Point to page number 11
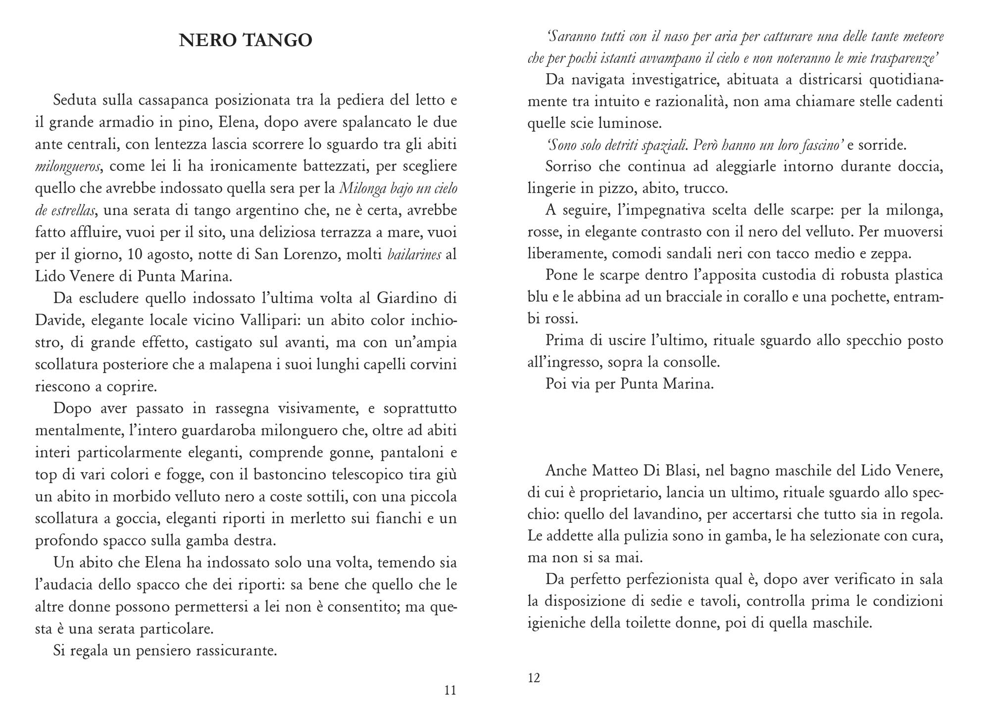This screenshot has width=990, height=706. point(450,690)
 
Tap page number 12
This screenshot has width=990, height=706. point(534,678)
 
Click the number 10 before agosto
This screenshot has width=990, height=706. point(135,255)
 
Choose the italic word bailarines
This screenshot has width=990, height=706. point(414,255)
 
